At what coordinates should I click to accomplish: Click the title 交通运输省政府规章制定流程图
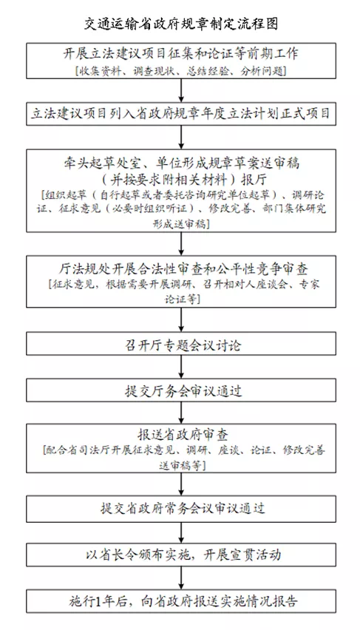(181, 24)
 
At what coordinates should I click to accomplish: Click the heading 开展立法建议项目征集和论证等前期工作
(181, 54)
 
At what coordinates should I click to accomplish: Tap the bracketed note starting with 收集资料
(181, 71)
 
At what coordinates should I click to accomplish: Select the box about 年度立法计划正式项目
(181, 114)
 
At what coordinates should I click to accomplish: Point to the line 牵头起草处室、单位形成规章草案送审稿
(181, 163)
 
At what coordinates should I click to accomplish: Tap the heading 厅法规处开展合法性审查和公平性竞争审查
(181, 268)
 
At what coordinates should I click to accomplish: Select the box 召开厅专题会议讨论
(181, 344)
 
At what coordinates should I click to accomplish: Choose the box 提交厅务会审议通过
(181, 390)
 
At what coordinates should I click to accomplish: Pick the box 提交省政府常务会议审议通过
(181, 508)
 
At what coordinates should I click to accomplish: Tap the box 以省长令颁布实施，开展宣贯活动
(181, 555)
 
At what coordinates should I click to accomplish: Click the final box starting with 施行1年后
(181, 601)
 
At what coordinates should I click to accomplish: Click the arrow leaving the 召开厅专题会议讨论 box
(181, 367)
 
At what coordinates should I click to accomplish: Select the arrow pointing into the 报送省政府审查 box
(181, 412)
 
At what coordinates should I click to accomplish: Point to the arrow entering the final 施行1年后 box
(181, 578)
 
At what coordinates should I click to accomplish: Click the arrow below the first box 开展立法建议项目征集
(181, 90)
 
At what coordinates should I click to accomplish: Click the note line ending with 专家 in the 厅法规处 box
(181, 285)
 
